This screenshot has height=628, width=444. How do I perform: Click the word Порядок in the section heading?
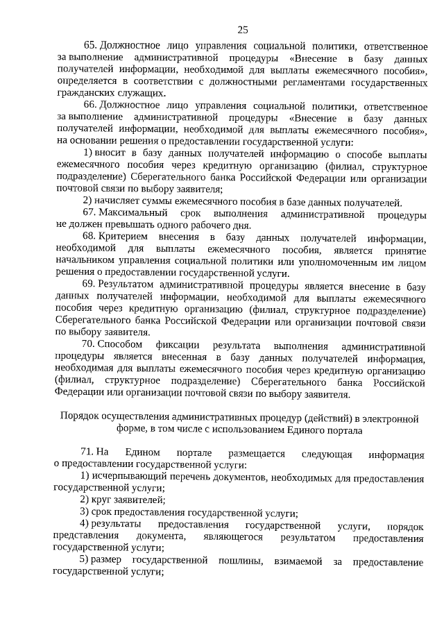pos(78,418)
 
